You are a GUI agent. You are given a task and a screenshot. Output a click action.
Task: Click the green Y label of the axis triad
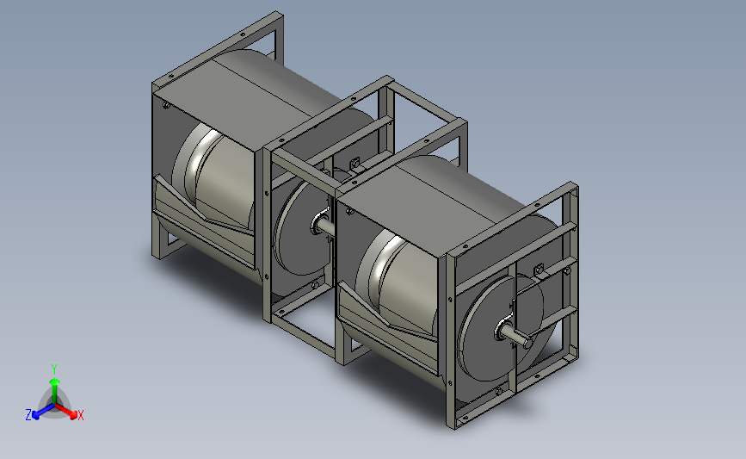click(54, 369)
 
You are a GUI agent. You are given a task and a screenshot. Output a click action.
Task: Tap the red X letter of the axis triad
click(80, 415)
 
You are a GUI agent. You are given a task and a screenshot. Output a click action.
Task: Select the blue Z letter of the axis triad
click(28, 415)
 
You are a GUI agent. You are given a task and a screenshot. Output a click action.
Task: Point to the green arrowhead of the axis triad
click(55, 381)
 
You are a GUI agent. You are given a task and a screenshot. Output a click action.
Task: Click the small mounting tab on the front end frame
click(539, 270)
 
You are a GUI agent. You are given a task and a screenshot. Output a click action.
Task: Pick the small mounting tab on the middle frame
click(355, 165)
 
